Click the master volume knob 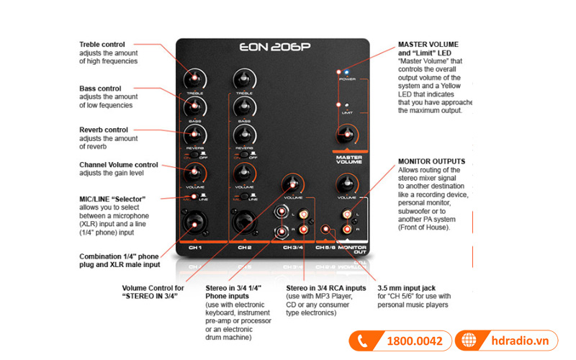pyautogui.click(x=348, y=133)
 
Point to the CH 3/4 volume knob pyautogui.click(x=292, y=183)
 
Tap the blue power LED pyautogui.click(x=347, y=73)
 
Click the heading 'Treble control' pyautogui.click(x=102, y=45)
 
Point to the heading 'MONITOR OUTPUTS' pyautogui.click(x=431, y=161)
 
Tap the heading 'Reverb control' pyautogui.click(x=104, y=130)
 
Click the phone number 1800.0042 pyautogui.click(x=413, y=341)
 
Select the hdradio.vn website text pyautogui.click(x=521, y=341)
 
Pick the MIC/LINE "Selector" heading pyautogui.click(x=112, y=199)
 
